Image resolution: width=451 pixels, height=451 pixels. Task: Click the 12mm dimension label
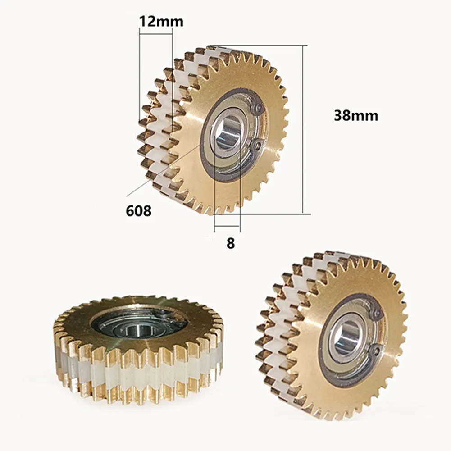161,22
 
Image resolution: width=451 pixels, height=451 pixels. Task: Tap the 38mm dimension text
356,116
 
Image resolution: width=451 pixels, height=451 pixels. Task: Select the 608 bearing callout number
139,210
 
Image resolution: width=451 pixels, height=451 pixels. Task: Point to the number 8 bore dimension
231,243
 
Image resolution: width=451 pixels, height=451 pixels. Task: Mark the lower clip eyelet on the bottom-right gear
376,350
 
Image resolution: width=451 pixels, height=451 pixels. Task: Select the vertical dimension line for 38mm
302,131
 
